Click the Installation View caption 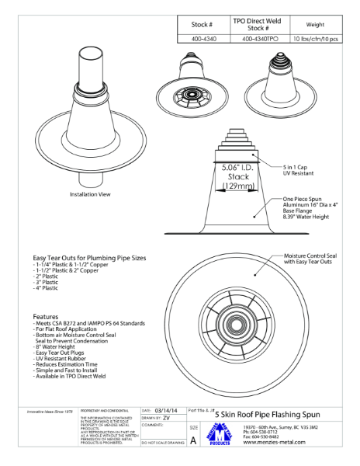[x=93, y=194]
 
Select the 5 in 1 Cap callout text [x=298, y=165]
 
